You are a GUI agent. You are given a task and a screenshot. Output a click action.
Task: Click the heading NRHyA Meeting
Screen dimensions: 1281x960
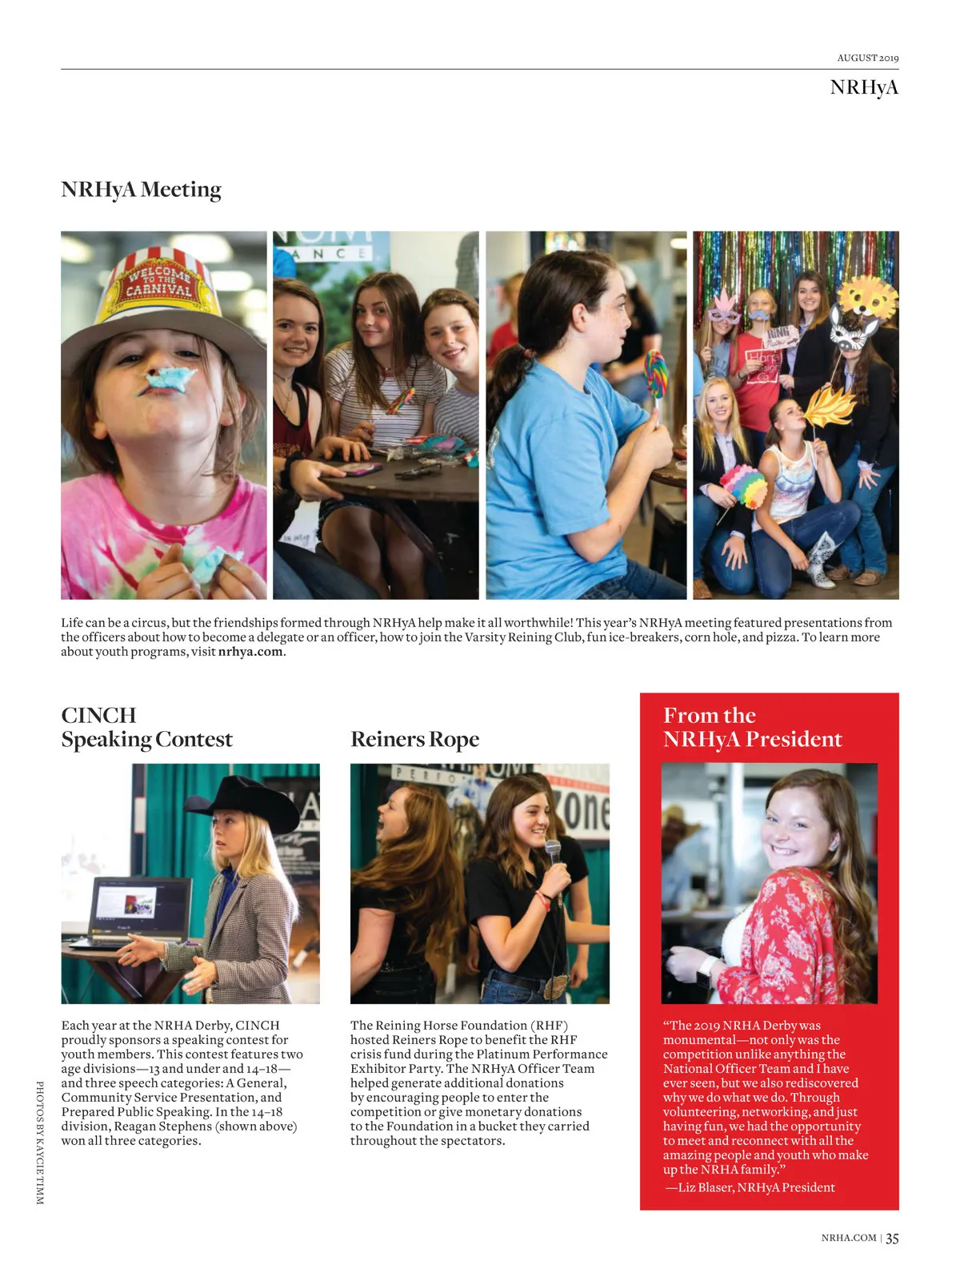point(141,190)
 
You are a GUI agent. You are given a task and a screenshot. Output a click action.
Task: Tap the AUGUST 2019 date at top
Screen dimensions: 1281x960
point(867,58)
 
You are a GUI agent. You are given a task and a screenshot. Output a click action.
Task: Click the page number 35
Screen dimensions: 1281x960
point(892,1238)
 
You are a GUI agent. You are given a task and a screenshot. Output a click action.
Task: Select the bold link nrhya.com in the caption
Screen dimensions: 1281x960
point(250,652)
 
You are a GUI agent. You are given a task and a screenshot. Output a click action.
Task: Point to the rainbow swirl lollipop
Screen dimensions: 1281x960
point(655,374)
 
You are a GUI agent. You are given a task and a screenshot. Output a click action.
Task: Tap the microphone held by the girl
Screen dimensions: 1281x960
point(553,853)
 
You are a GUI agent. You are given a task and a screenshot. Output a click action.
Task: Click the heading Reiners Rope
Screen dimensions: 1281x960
point(414,739)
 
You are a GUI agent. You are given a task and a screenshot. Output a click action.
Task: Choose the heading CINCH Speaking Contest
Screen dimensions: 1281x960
point(146,727)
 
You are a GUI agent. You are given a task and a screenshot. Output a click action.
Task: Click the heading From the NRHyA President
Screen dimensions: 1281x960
point(752,727)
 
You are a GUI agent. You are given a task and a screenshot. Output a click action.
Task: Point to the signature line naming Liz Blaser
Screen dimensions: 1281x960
point(750,1187)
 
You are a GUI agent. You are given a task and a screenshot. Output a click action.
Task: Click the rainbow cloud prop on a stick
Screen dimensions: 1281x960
point(744,485)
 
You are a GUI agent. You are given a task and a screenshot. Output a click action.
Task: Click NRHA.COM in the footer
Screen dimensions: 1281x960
point(848,1238)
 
